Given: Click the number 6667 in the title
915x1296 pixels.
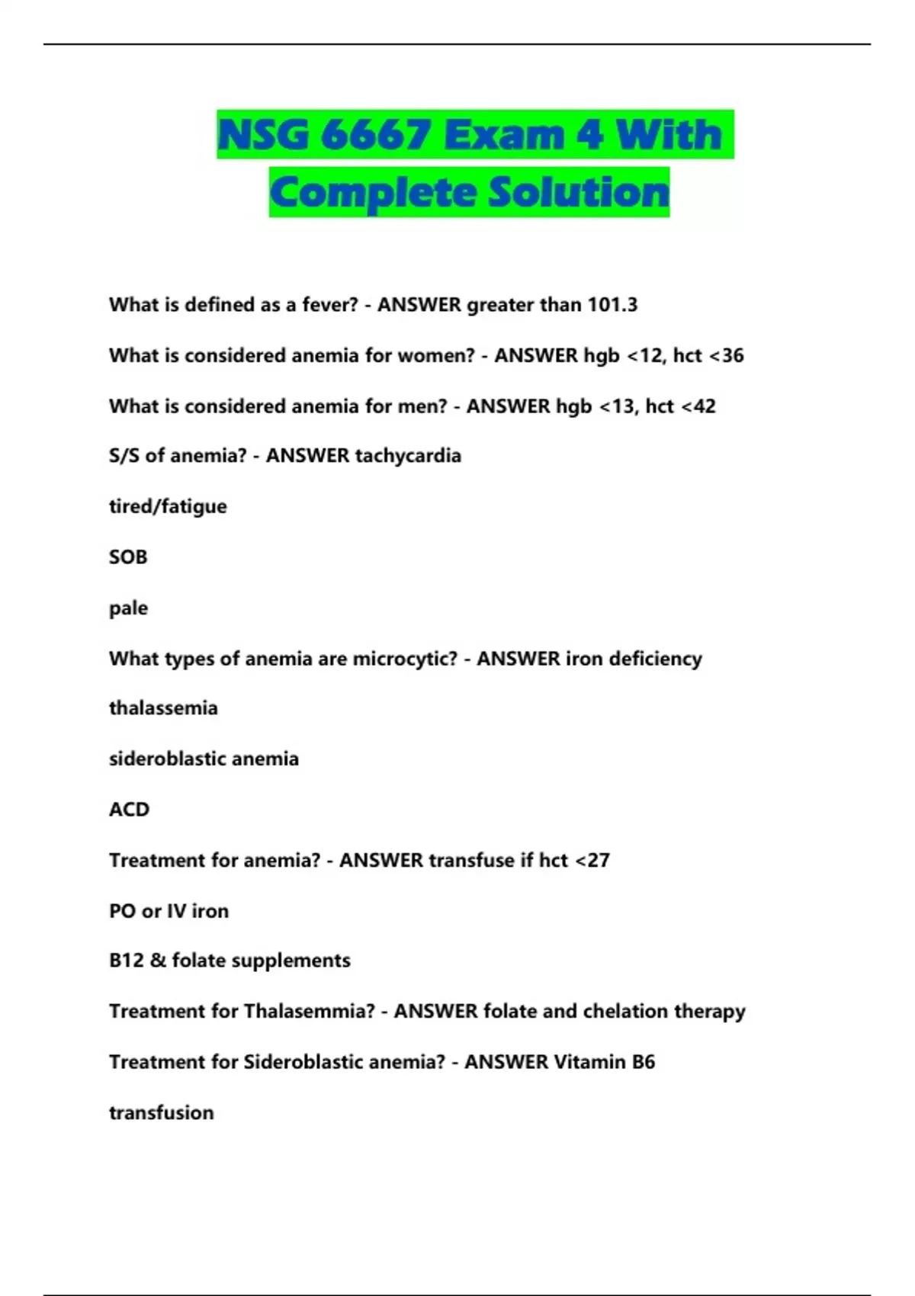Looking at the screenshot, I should coord(376,135).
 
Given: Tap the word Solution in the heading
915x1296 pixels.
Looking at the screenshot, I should coord(579,192).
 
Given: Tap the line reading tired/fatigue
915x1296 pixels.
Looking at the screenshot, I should coord(168,506).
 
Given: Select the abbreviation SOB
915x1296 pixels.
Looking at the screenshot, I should coord(128,557).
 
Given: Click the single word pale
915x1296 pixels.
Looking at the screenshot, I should coord(128,608).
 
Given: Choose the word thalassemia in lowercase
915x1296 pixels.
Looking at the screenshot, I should coord(163,708).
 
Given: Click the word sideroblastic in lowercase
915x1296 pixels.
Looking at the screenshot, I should coord(167,759).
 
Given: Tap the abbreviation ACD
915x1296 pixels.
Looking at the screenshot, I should coord(129,810).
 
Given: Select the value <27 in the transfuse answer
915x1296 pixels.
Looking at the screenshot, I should coord(592,861).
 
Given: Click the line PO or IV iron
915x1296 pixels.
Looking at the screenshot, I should coord(169,911).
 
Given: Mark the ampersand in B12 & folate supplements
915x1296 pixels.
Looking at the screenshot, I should coord(158,961).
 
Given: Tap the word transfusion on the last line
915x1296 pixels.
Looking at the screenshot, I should coord(161,1113).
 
